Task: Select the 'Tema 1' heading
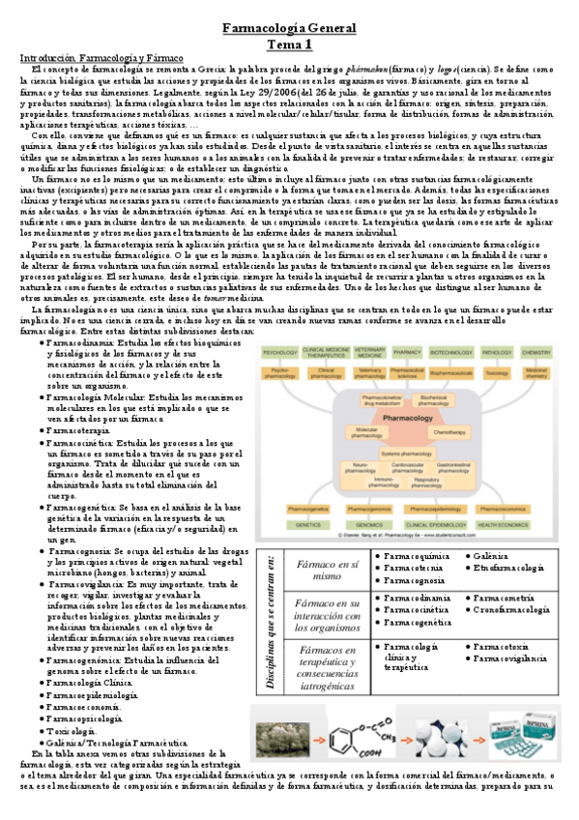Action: [289, 44]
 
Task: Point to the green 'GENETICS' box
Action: [307, 523]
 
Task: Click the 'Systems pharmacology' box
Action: [412, 453]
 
